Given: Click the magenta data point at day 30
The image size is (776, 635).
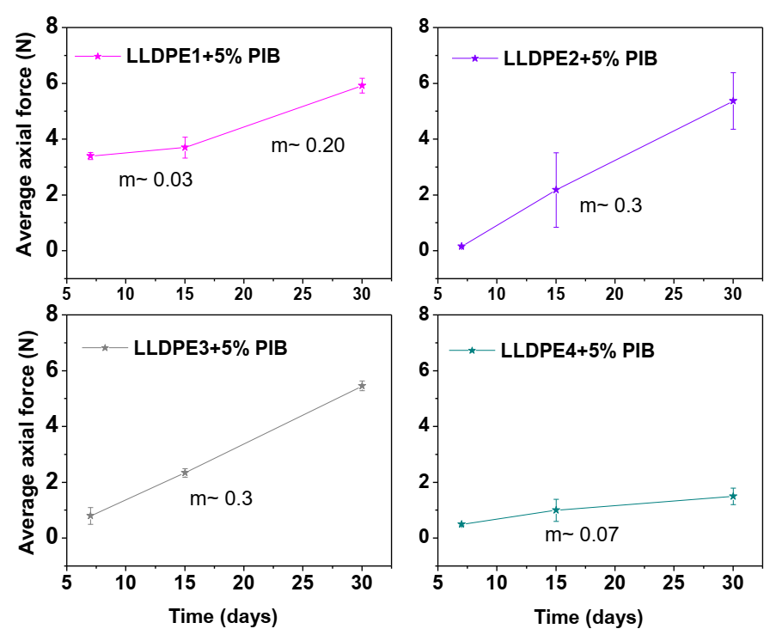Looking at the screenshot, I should click(x=362, y=85).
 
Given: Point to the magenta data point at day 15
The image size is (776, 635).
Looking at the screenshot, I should click(x=185, y=147).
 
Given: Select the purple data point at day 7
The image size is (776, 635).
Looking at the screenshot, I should click(x=461, y=247).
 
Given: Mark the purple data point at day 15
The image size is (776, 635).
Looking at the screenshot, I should click(x=556, y=190).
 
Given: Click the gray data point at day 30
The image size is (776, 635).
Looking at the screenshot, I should click(x=362, y=386).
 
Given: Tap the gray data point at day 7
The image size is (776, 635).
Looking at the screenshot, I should click(x=90, y=516).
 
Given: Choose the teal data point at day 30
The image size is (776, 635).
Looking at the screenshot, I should click(x=733, y=496).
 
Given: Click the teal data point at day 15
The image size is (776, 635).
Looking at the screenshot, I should click(x=556, y=510).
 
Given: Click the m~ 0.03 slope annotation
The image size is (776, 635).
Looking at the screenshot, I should click(x=156, y=180).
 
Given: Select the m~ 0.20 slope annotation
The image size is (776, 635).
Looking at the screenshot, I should click(x=308, y=145).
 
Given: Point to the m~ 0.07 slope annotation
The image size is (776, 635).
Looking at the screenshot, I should click(x=581, y=535).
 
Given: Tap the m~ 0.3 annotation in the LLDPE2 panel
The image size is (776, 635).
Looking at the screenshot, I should click(x=610, y=206).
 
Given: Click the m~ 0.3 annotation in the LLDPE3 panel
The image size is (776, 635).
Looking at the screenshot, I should click(x=221, y=498).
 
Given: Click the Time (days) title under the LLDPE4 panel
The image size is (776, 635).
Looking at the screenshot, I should click(x=588, y=617).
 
